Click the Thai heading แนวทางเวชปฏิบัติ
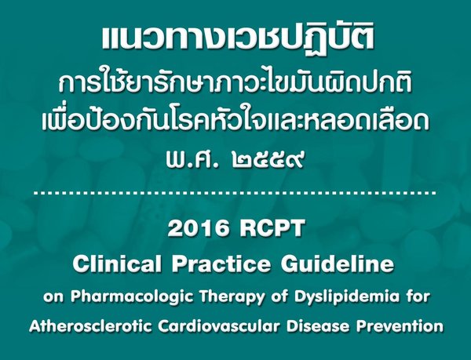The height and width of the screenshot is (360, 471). pos(235,37)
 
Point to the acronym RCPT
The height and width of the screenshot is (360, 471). pos(267,230)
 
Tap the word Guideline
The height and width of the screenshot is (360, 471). pos(334,265)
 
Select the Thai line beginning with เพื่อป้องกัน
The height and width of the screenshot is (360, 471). pos(235,122)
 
